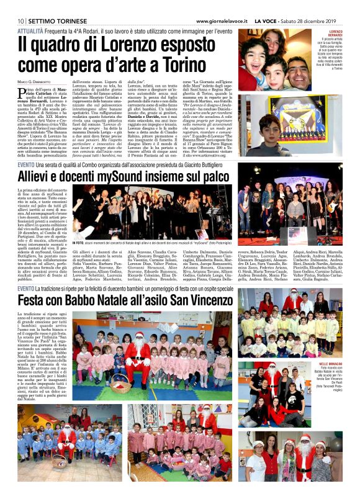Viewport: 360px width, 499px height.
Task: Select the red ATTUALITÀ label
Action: [30, 30]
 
